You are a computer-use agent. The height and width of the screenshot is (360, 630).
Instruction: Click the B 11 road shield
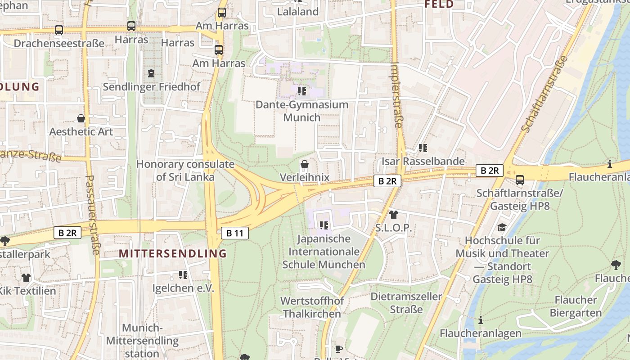tap(235, 233)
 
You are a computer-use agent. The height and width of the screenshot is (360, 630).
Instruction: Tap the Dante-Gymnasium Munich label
tap(302, 111)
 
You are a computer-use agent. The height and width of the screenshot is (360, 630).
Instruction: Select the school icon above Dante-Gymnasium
tap(302, 91)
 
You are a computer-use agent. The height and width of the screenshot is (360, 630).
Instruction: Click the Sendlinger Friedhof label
tap(151, 87)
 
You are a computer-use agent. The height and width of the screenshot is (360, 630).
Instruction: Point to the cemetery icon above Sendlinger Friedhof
tap(151, 73)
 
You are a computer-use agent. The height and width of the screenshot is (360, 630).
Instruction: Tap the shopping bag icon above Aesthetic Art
tap(81, 118)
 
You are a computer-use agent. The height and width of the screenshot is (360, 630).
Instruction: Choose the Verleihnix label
tap(305, 177)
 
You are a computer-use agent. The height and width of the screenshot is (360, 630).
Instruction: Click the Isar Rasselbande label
tap(423, 161)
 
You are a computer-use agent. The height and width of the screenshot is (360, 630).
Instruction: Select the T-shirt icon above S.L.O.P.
tap(394, 215)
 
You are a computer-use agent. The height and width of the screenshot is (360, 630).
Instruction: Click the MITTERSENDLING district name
tap(173, 254)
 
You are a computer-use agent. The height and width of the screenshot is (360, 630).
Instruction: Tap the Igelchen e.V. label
tap(183, 288)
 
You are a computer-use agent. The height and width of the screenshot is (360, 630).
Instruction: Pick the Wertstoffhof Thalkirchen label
tap(312, 307)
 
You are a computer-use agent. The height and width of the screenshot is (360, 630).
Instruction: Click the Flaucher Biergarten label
tap(576, 306)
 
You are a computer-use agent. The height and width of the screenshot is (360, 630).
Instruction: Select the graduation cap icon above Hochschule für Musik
tap(502, 228)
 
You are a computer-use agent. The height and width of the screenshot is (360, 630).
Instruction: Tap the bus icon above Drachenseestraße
tap(59, 30)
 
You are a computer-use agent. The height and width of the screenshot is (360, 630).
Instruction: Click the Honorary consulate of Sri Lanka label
tap(185, 171)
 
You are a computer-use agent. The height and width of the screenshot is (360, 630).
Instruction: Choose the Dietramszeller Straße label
tap(406, 303)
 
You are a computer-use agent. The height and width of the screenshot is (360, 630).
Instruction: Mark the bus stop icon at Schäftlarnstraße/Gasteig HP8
tap(520, 180)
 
